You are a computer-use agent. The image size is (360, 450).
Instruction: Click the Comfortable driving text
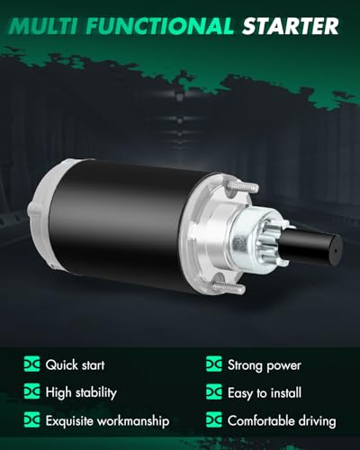click(283, 419)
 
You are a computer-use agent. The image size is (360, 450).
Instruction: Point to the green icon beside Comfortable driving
click(214, 419)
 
